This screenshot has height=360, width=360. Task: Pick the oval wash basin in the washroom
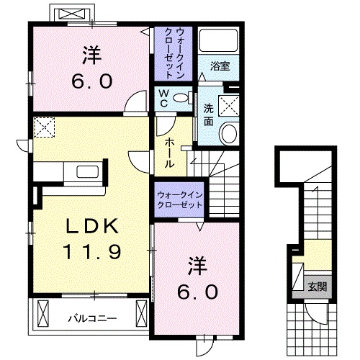(230, 133)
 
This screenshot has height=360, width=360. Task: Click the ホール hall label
(168, 153)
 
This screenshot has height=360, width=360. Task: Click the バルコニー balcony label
(90, 316)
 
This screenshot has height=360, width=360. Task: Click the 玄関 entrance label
(318, 287)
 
